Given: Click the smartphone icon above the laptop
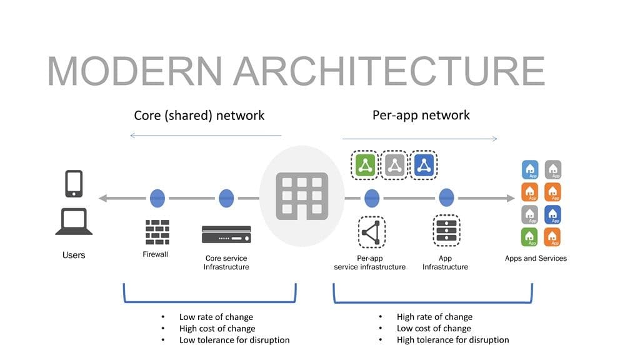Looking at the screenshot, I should coord(74,184).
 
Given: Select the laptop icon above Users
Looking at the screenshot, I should coord(74,222).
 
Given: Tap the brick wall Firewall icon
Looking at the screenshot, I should coord(157,232).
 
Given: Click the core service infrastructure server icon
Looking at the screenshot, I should coord(226,235).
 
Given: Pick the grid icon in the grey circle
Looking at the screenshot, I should coord(301,196).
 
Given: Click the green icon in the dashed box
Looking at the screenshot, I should coord(365,165).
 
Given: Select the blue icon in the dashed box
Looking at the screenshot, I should coord(425,165).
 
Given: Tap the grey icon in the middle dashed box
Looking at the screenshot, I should coord(394,165).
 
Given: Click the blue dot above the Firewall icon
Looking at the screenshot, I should coord(157,198).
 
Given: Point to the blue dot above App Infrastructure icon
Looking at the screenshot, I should coord(446,198).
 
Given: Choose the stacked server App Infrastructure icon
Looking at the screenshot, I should coord(446,231).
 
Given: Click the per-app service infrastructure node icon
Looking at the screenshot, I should coord(371,232).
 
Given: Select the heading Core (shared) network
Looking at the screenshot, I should coord(199,116).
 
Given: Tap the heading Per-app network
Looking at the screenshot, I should coord(421,115).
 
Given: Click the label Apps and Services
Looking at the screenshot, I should coord(536,258).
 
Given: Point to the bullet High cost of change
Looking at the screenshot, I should coord(217,329).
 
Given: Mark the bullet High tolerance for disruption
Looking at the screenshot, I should coord(452,340).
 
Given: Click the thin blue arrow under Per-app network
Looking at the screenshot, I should coord(419,139).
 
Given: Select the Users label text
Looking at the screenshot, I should coord(74,255).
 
